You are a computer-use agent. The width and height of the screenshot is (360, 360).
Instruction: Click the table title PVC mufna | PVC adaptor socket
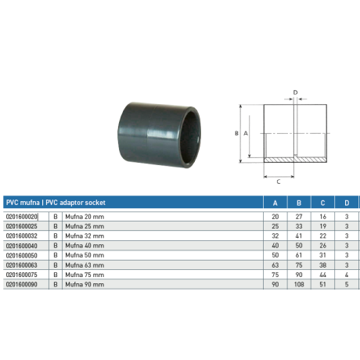pos(56,203)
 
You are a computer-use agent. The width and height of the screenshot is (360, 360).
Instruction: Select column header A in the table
pos(274,203)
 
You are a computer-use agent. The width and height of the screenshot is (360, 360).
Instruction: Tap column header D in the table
pos(347,203)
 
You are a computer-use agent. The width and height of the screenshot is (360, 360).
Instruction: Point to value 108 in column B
pos(297,285)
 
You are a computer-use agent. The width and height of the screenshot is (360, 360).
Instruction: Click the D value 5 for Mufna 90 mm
pos(347,285)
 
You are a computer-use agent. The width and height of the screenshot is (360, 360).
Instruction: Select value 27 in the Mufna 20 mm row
pos(297,216)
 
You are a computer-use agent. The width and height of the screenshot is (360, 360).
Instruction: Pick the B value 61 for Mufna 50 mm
pos(297,255)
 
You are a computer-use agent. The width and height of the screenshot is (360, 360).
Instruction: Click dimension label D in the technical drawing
pos(295,92)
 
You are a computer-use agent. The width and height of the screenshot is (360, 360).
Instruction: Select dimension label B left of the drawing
pos(236,134)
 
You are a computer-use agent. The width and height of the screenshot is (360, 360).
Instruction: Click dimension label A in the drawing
pos(247,134)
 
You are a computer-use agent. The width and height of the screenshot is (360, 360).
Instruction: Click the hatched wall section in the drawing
pos(296,161)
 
